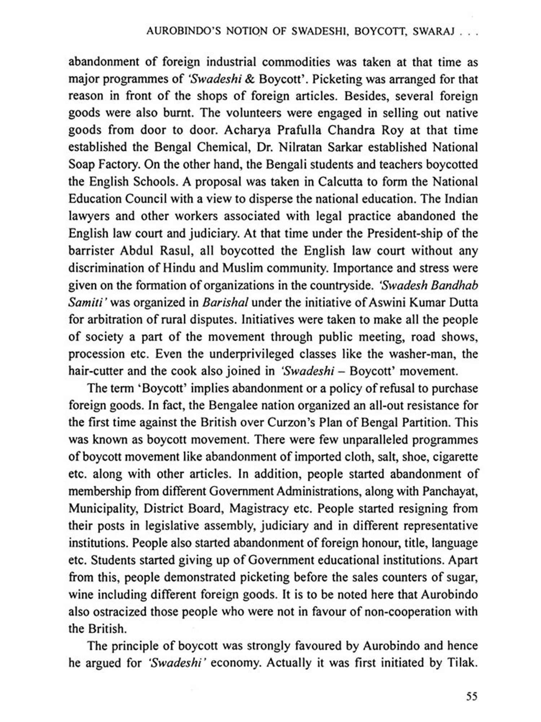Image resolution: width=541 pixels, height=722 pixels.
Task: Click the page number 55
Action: [x=471, y=696]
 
